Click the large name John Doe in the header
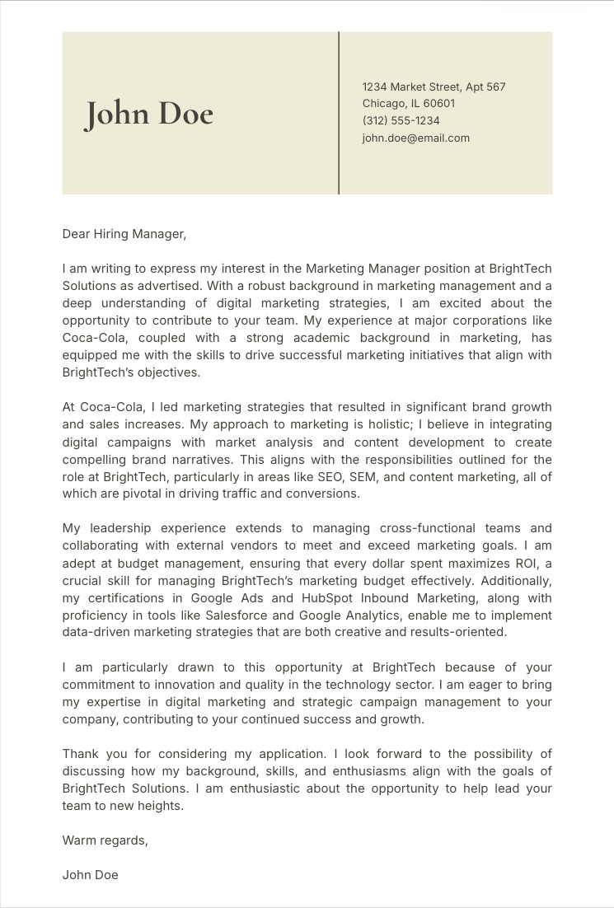coord(148,114)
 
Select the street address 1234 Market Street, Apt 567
coord(434,87)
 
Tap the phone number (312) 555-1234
coord(401,120)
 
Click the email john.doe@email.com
coord(415,138)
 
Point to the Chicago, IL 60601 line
coord(408,103)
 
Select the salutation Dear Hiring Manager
coord(124,234)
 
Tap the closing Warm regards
coord(105,840)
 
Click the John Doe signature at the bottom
coord(90,875)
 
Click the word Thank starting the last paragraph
coord(80,754)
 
